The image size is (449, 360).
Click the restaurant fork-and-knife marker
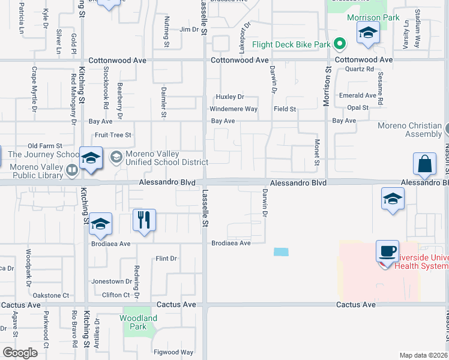tap(144, 220)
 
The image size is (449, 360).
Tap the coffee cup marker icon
tap(387, 251)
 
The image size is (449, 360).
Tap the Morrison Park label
tap(373, 17)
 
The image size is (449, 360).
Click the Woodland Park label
tap(139, 322)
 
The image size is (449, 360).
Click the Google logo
tap(20, 353)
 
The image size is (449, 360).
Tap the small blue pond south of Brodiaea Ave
tap(280, 252)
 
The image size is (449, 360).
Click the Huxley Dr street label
tap(230, 97)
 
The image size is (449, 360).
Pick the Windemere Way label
tap(233, 109)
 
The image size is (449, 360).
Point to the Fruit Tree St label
tap(113, 135)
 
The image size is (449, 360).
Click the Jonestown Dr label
tap(112, 281)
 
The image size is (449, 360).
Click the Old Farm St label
tap(45, 146)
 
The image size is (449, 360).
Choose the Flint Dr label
tap(166, 259)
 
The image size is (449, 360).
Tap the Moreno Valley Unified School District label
tap(161, 158)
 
